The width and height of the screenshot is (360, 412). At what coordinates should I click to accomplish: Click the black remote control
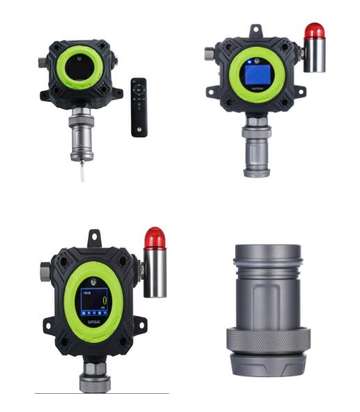click(x=139, y=107)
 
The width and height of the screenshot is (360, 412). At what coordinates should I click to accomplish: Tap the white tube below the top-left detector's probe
click(x=83, y=170)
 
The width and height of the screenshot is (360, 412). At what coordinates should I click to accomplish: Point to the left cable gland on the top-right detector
click(x=209, y=52)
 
